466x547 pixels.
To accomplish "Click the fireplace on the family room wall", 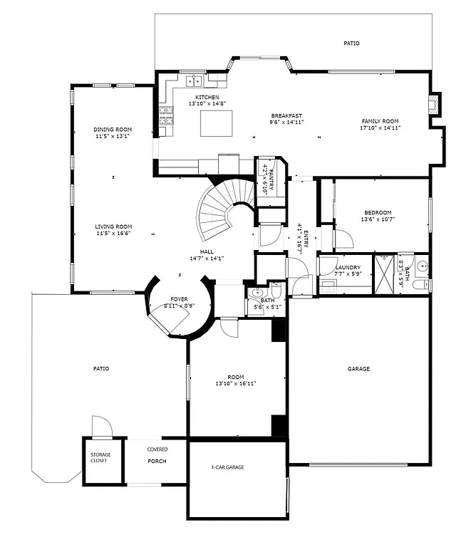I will tap(434, 105).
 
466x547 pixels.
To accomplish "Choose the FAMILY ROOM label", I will tap(380, 121).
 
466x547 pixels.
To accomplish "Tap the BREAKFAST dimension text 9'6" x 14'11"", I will tap(286, 122).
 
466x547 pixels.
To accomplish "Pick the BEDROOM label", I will tap(378, 212).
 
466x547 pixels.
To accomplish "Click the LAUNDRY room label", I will tap(348, 268).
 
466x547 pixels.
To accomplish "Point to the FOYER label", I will tap(178, 299).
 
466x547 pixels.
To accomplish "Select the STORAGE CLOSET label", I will tap(99, 457).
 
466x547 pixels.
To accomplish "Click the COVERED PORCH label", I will tap(157, 455).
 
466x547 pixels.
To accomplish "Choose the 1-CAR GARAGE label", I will tap(227, 467).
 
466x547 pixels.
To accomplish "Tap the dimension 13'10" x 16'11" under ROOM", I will tap(236, 383).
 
